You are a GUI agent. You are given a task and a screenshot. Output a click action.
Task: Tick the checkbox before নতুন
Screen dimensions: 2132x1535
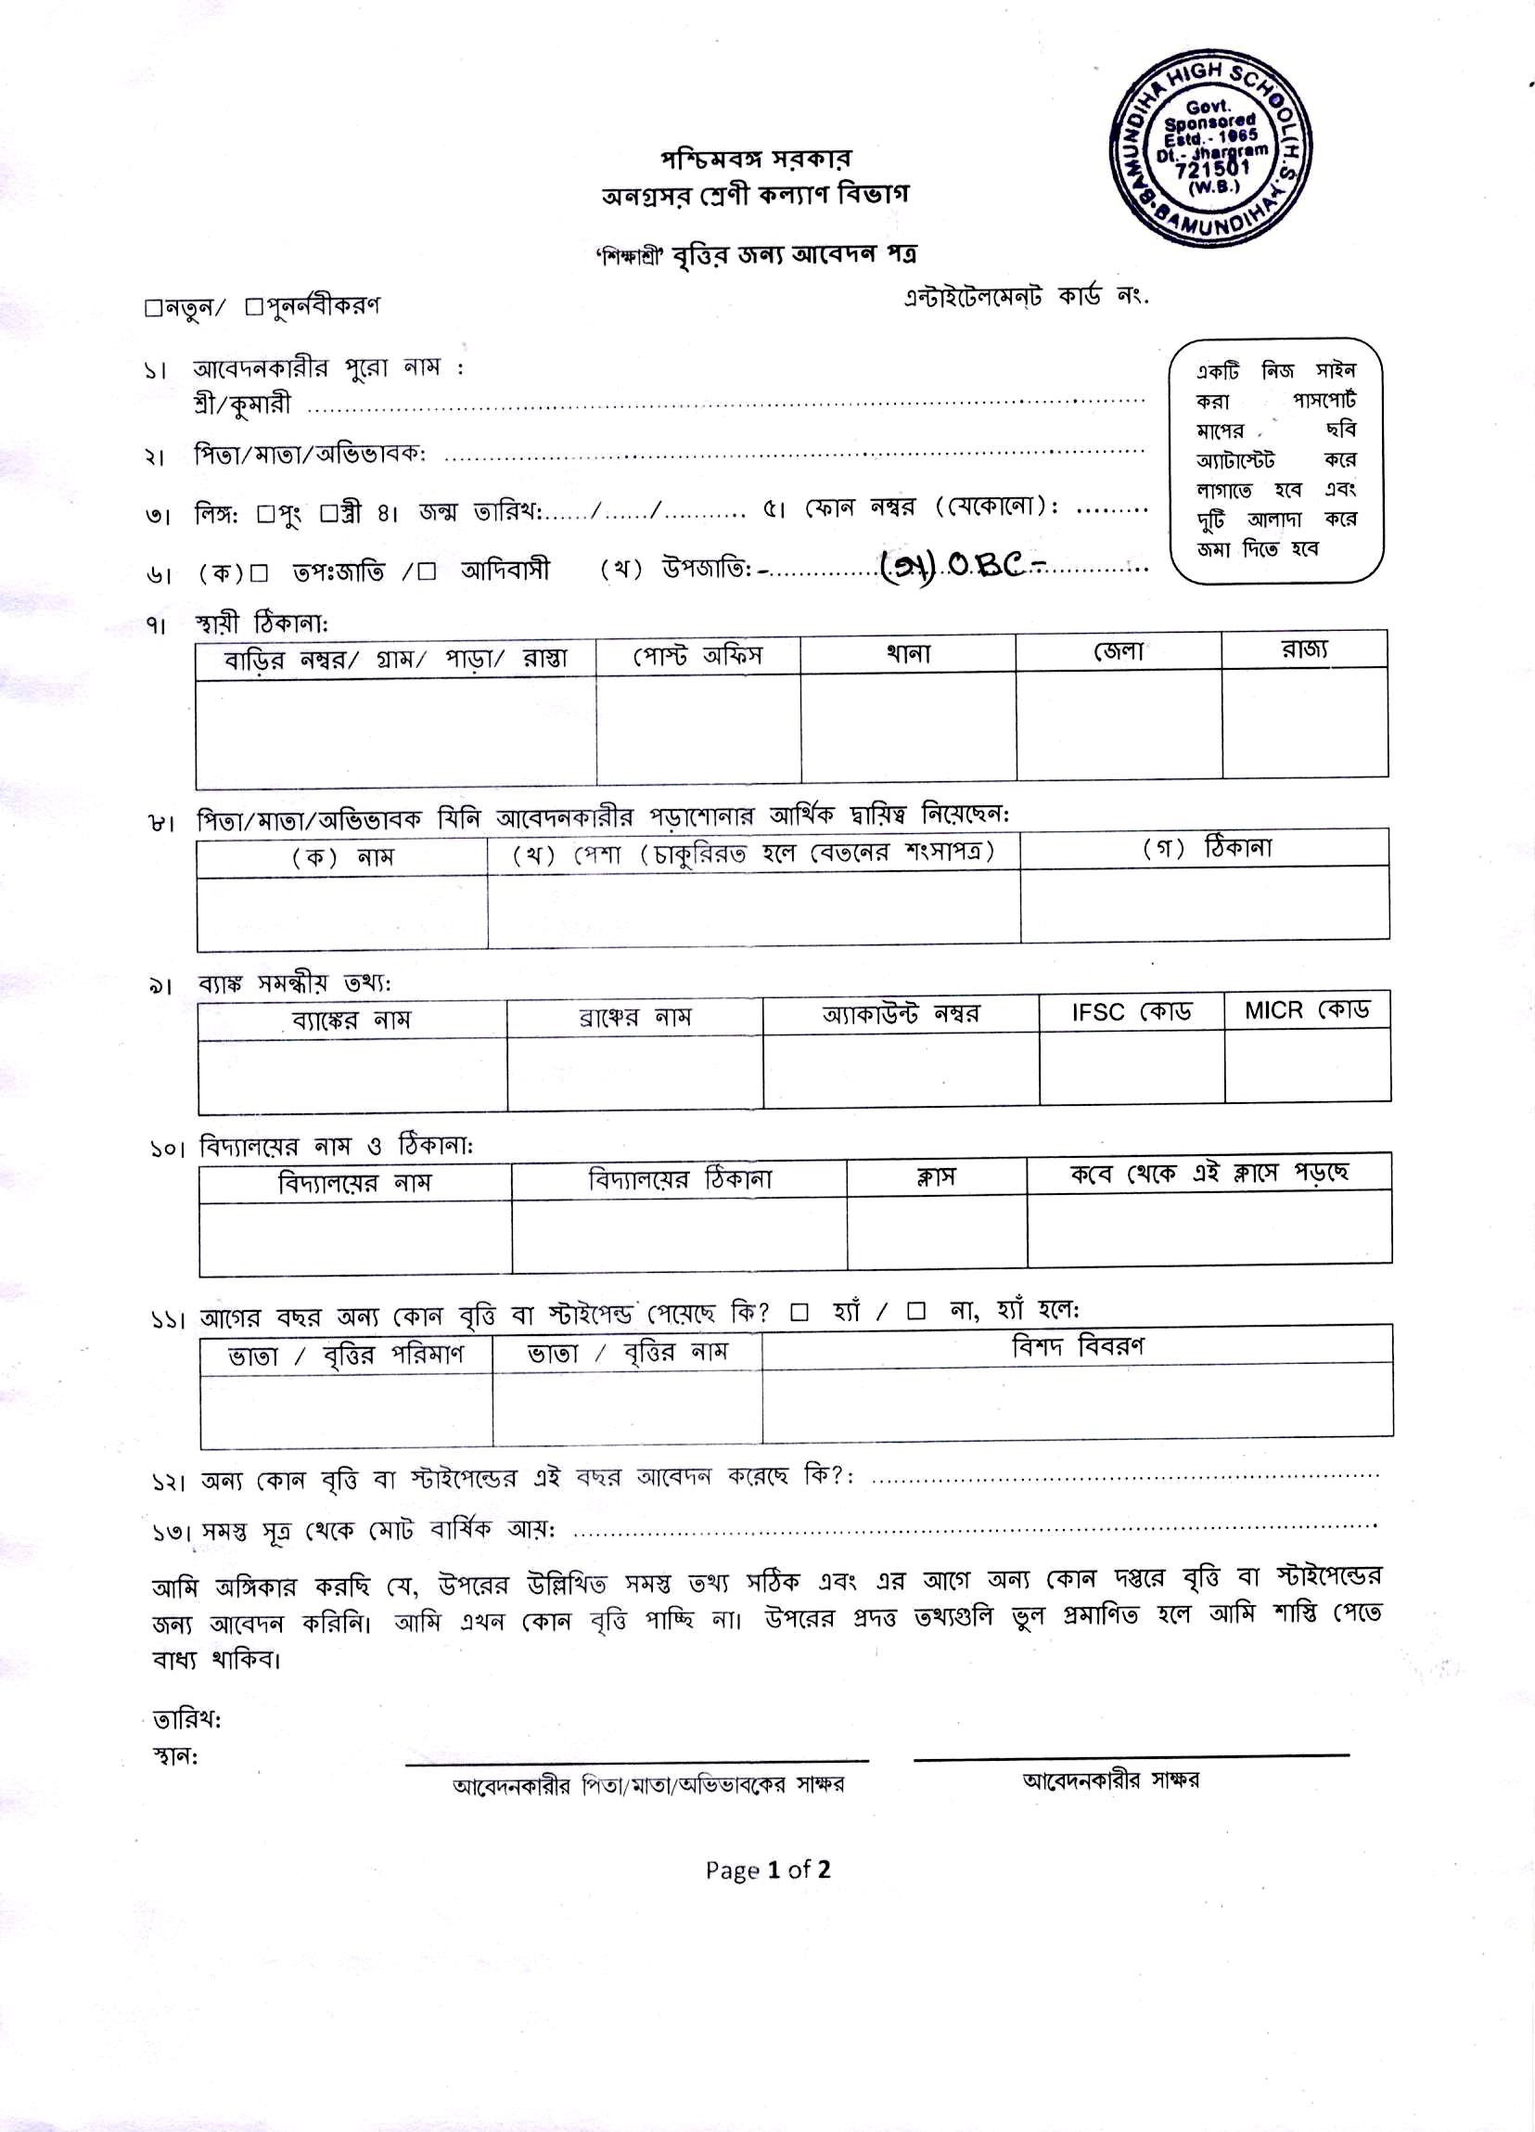154,307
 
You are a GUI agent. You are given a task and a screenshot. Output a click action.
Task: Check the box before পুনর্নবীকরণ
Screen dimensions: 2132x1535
253,306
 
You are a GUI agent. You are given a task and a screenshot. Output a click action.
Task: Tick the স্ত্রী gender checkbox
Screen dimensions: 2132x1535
328,514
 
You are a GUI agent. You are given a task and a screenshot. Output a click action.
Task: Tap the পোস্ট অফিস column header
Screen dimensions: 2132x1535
697,655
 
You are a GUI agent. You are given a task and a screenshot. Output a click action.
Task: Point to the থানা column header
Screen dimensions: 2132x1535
907,653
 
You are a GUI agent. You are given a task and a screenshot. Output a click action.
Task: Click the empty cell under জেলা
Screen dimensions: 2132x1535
1119,725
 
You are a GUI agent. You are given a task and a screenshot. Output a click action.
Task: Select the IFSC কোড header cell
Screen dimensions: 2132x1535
1131,1012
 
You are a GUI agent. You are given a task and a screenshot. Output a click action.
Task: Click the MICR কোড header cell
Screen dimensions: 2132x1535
1307,1010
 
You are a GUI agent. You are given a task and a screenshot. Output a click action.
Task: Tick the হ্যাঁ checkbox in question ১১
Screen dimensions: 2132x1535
799,1313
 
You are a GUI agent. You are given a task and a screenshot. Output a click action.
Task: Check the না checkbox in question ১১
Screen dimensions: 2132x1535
915,1312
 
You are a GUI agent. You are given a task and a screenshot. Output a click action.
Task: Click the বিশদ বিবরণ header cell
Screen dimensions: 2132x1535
1077,1346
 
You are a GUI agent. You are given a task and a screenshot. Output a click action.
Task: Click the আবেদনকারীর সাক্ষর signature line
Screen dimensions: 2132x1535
1130,1754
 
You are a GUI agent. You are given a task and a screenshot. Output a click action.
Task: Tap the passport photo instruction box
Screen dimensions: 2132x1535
1275,460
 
